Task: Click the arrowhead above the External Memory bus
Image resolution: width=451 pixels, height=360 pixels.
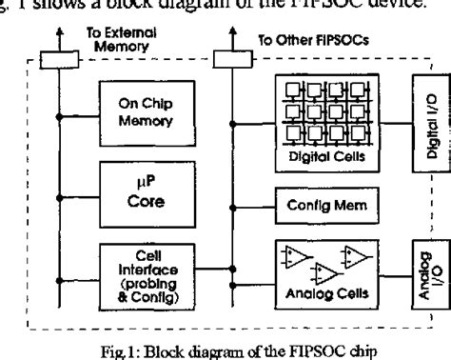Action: (x=58, y=32)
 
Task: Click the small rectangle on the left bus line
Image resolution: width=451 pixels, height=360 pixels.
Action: (x=58, y=59)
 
